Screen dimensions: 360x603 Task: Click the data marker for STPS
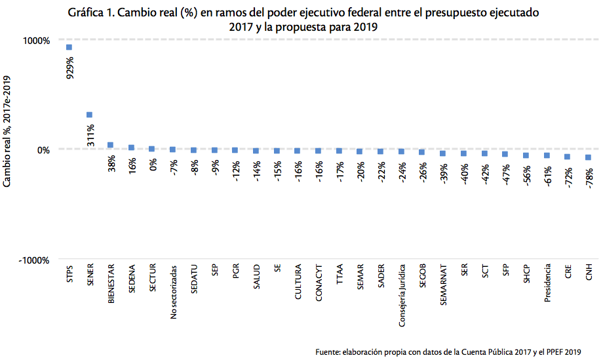69,47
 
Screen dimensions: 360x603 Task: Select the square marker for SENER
90,115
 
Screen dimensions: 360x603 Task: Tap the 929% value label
69,68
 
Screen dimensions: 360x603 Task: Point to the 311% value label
90,135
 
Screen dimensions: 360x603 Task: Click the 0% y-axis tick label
42,150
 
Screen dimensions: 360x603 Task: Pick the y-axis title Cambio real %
9,132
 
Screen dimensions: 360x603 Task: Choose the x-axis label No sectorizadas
174,292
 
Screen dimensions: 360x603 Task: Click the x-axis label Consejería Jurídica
402,295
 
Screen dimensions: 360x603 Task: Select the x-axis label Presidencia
547,285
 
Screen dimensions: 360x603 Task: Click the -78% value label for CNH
590,176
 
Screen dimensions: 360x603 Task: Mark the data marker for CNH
589,157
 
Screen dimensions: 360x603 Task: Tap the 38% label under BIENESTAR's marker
111,163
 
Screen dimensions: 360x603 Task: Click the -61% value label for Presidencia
548,175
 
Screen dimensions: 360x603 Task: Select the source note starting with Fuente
448,351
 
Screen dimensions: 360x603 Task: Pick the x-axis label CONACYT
319,283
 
